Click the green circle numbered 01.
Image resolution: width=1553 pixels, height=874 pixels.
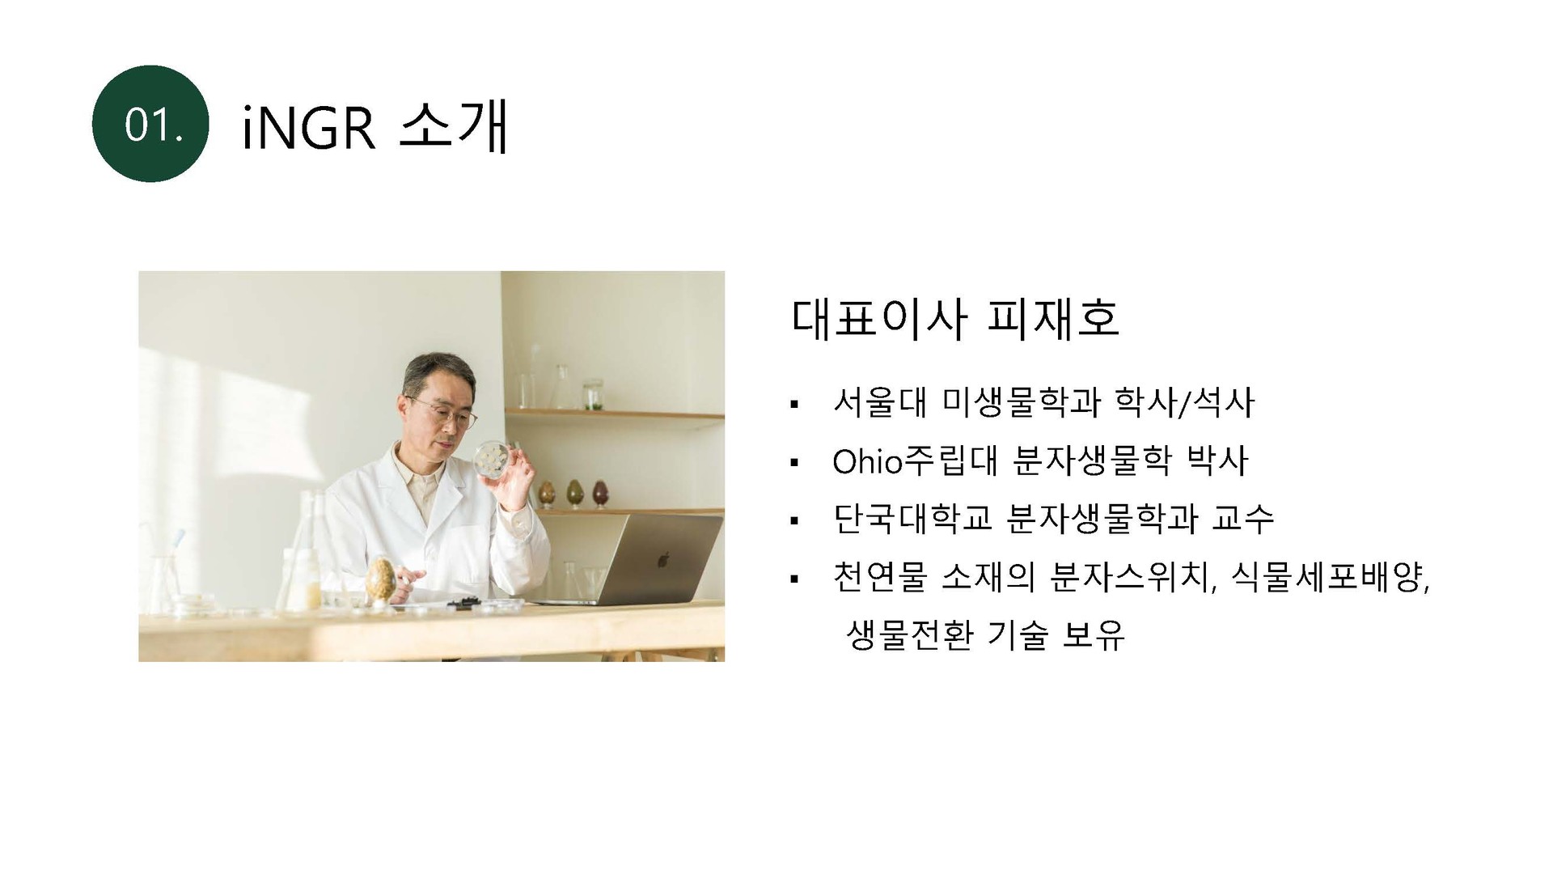tap(150, 124)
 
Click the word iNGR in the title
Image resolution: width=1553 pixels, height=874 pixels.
tap(309, 127)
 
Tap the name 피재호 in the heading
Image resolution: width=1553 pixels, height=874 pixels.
tap(1053, 318)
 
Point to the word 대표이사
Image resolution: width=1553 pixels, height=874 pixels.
tap(878, 318)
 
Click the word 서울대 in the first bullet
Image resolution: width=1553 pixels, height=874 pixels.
tap(879, 402)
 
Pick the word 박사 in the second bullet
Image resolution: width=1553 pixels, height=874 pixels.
tap(1217, 460)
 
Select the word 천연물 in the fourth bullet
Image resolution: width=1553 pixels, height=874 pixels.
tap(879, 577)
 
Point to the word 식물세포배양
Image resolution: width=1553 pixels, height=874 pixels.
tap(1330, 577)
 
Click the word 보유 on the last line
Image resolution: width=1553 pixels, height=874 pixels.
tap(1093, 635)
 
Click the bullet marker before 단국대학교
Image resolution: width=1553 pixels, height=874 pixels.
tap(793, 520)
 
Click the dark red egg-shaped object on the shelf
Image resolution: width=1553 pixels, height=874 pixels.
tap(600, 492)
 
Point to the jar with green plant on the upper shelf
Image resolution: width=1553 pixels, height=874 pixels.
tap(595, 394)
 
